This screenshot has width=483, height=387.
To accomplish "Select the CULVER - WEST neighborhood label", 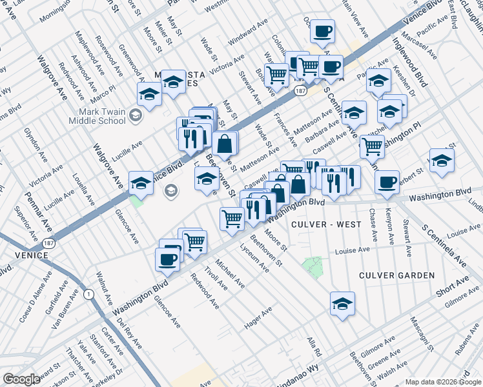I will click(326, 224).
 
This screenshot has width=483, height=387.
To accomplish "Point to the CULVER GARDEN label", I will click(397, 275).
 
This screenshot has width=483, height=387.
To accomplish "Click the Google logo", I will click(21, 379).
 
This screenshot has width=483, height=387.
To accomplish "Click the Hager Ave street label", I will click(258, 319).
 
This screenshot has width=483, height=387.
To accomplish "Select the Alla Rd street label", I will click(314, 346).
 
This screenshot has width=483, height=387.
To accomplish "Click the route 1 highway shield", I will click(88, 293).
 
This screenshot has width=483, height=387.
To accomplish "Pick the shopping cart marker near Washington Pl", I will click(372, 146).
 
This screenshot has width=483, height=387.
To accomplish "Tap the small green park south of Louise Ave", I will click(313, 266).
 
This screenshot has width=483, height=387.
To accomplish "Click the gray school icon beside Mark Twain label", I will click(136, 116).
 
